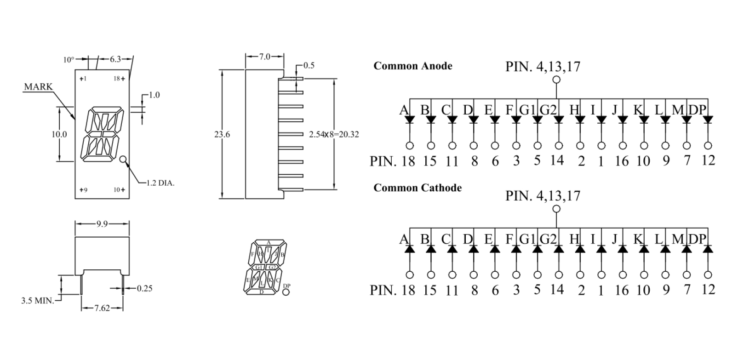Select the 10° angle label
69,60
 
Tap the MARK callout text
38,87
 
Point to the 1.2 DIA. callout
160,183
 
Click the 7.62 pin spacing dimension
102,308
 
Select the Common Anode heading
412,66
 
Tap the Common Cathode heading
418,188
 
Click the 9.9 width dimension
102,224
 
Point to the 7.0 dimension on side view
265,57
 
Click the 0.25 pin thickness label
145,288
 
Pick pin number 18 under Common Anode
408,161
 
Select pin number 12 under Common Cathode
709,289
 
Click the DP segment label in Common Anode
697,110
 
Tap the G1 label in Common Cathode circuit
528,240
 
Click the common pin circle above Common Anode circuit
556,80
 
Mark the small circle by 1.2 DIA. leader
123,160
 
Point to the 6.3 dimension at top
115,59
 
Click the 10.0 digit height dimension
59,134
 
